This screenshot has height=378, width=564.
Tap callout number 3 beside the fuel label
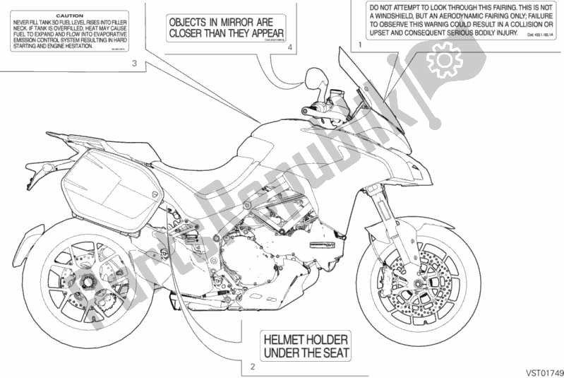coord(133,65)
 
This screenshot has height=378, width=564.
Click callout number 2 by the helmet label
coord(251,367)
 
